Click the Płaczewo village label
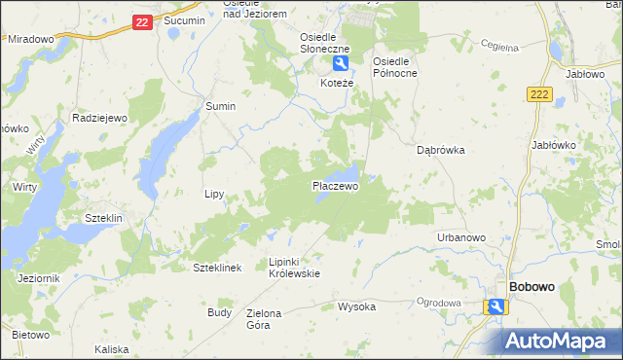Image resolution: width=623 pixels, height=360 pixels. click(x=335, y=185)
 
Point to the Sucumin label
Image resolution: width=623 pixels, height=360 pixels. click(x=184, y=19)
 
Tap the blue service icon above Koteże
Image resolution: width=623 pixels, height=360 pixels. click(x=340, y=64)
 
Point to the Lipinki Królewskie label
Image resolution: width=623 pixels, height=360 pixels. click(x=294, y=268)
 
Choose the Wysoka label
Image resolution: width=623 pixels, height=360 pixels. click(x=356, y=306)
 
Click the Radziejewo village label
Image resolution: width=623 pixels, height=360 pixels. click(x=100, y=117)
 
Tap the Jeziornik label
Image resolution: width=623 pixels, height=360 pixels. click(x=39, y=278)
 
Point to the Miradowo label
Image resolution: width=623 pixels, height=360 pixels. click(x=30, y=39)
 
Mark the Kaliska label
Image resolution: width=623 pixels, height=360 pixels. click(x=112, y=348)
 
